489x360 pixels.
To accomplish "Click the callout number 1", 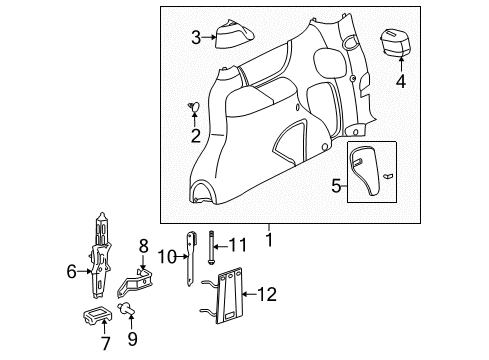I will pyautogui.click(x=267, y=241).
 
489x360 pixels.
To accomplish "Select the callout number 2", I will pyautogui.click(x=196, y=135).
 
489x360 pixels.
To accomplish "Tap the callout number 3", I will pyautogui.click(x=196, y=39).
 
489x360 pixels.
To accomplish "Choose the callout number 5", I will pyautogui.click(x=337, y=185).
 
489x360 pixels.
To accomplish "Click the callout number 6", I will pyautogui.click(x=71, y=269).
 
